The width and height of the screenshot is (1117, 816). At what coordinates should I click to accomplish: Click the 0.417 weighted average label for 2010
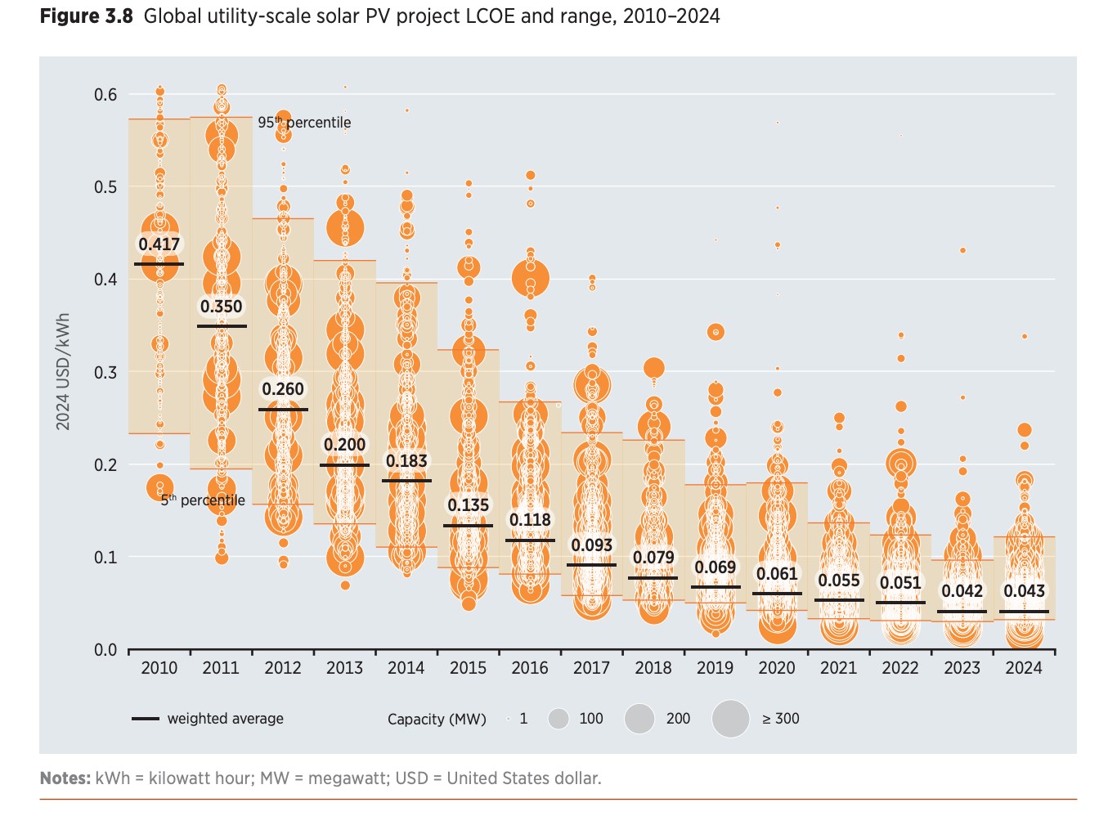coord(159,244)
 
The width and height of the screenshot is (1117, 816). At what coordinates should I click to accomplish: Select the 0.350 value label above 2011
coord(222,307)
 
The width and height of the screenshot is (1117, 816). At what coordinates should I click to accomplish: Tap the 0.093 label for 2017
coord(592,545)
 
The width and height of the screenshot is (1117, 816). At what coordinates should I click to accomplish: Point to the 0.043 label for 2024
coord(1024,591)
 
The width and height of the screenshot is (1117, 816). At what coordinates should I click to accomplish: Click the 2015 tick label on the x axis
coord(468,668)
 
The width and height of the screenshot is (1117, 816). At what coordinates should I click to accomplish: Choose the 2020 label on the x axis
coord(776,668)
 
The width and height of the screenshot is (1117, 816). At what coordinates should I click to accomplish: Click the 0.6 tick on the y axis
coord(105,95)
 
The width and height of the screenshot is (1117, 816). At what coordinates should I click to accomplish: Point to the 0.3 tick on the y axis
coord(105,373)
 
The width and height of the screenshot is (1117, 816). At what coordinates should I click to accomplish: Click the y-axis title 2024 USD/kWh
coord(63,371)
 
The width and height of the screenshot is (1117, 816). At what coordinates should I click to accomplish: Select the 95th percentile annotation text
coord(304,123)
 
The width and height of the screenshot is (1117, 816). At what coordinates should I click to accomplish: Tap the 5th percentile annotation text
coord(203,500)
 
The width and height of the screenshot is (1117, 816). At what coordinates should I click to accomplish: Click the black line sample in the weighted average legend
coord(146,719)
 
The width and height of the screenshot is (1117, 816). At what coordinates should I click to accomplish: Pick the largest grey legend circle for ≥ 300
coord(730,719)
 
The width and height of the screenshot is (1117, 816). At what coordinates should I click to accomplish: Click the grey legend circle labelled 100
coord(558,719)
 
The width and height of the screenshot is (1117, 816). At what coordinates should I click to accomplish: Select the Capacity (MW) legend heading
coord(437,720)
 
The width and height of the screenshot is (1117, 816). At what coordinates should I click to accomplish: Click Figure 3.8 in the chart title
coord(86,16)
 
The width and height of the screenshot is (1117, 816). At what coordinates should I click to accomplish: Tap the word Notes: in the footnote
coord(65,778)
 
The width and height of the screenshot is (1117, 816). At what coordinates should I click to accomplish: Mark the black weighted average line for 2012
coord(283,410)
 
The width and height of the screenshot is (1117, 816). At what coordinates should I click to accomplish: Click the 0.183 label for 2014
coord(406,461)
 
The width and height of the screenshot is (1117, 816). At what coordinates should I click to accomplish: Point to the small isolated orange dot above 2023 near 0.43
coord(962,250)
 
